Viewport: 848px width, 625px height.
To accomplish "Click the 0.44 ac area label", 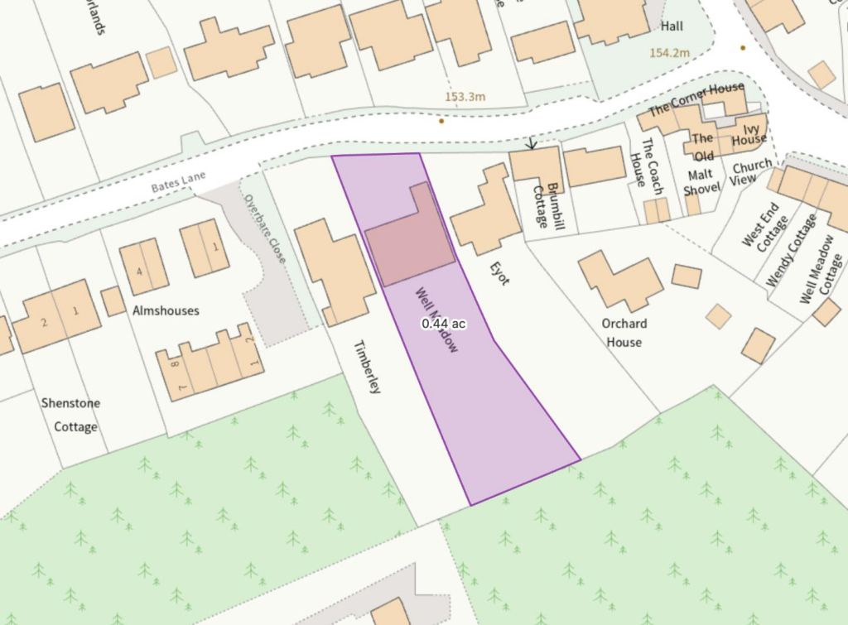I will click(x=443, y=324).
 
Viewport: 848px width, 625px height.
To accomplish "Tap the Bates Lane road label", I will click(x=177, y=183).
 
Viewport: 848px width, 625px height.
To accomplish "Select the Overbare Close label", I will click(x=263, y=228).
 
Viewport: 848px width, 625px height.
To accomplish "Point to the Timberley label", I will click(x=367, y=367).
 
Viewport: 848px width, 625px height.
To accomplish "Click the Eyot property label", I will click(x=499, y=272).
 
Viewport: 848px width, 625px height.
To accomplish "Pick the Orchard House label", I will click(x=624, y=333).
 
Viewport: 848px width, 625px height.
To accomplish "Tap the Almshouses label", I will click(x=166, y=310).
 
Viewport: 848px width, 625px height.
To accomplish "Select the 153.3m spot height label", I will click(x=465, y=97).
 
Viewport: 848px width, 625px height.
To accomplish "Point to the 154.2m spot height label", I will click(x=669, y=53).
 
